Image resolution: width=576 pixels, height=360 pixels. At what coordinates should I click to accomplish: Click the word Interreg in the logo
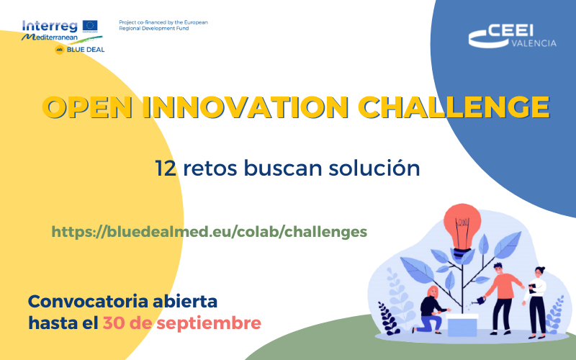pyautogui.click(x=50, y=26)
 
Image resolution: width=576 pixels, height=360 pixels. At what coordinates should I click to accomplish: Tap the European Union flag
pyautogui.click(x=91, y=26)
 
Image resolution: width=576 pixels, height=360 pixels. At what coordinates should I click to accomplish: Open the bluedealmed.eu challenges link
pyautogui.click(x=210, y=231)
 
